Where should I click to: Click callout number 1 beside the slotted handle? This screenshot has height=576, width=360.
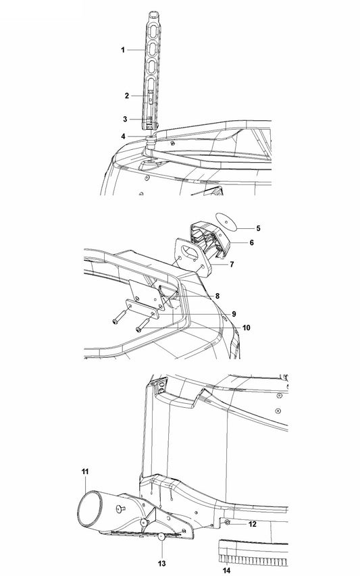click(123, 50)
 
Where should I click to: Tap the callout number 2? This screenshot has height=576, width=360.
click(127, 96)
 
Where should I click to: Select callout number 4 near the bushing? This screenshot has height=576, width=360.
click(123, 136)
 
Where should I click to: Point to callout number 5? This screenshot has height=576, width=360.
click(258, 228)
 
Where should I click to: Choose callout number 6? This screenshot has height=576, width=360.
click(252, 242)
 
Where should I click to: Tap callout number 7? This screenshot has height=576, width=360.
click(232, 264)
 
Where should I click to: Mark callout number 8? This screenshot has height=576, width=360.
click(217, 296)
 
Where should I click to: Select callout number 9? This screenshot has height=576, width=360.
click(234, 314)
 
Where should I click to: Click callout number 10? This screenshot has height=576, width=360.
click(246, 328)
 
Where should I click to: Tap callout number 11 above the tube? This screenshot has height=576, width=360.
click(85, 471)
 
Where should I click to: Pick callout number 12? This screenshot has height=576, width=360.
click(253, 524)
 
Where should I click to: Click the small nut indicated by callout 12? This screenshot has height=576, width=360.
click(227, 522)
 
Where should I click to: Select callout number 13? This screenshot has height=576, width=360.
click(162, 564)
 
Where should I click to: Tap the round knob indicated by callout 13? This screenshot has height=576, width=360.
click(161, 537)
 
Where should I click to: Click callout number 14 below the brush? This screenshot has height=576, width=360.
click(226, 570)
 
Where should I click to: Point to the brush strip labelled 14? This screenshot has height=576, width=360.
click(253, 553)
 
